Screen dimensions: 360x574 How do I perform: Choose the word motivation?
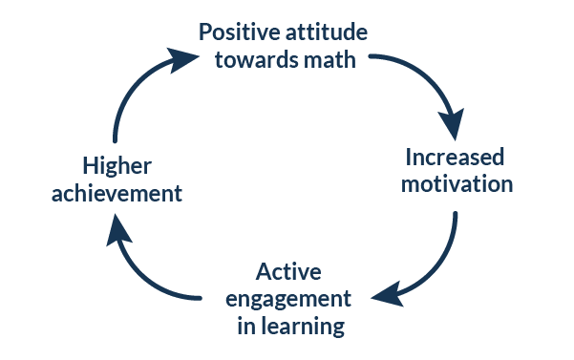[456, 183]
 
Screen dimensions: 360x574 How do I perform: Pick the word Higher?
[117, 165]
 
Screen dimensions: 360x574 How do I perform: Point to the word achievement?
[117, 193]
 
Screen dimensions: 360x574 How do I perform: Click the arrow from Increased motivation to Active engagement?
[436, 267]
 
